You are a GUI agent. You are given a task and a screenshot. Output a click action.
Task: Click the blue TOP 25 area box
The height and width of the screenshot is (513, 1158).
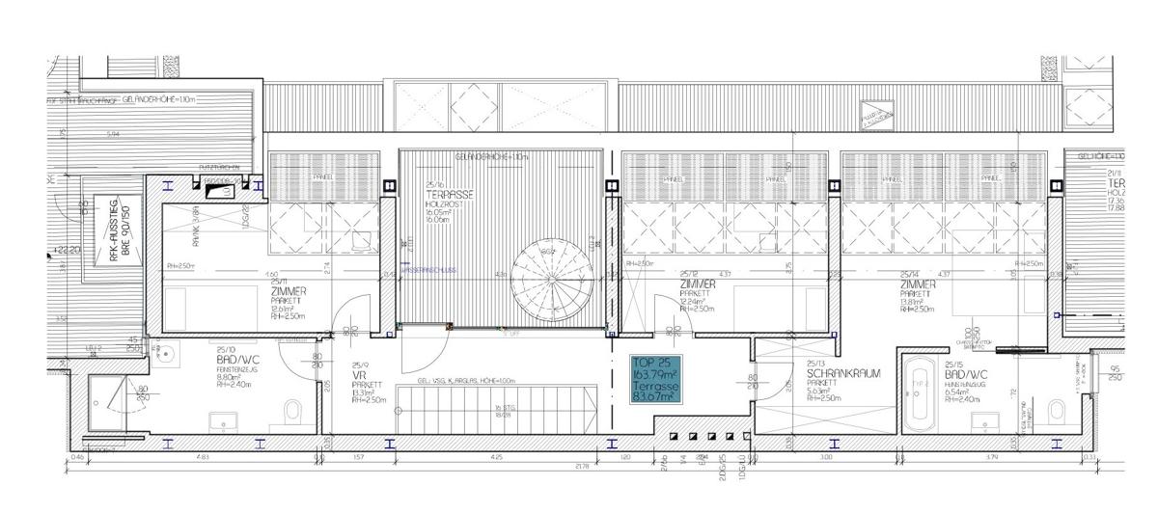click(x=653, y=380)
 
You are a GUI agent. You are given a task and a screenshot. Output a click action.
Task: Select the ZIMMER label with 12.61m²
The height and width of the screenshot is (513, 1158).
click(x=289, y=291)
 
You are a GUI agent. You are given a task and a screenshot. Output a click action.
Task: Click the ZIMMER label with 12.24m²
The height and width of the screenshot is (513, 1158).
click(x=698, y=285)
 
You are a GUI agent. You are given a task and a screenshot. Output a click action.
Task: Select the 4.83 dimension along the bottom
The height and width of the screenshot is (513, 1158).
click(x=203, y=456)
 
